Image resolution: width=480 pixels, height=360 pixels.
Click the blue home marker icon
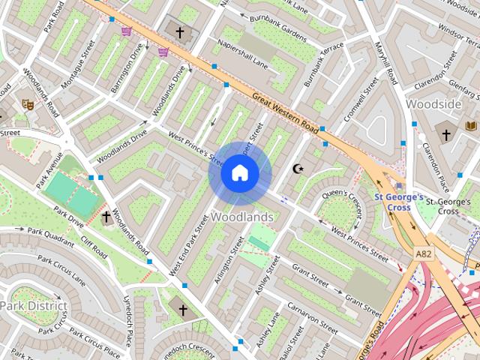click(x=239, y=173)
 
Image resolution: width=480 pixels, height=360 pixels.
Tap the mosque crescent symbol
click(x=298, y=169)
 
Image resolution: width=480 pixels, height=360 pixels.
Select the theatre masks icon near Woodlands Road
click(x=28, y=105)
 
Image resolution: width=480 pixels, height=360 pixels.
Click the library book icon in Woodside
click(x=471, y=126)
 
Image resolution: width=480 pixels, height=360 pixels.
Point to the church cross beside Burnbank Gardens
click(x=179, y=32)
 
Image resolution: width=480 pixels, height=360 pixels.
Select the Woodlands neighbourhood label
click(x=241, y=217)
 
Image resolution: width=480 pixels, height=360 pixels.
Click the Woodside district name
click(x=433, y=104)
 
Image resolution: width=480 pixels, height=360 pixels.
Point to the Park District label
click(x=33, y=306)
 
